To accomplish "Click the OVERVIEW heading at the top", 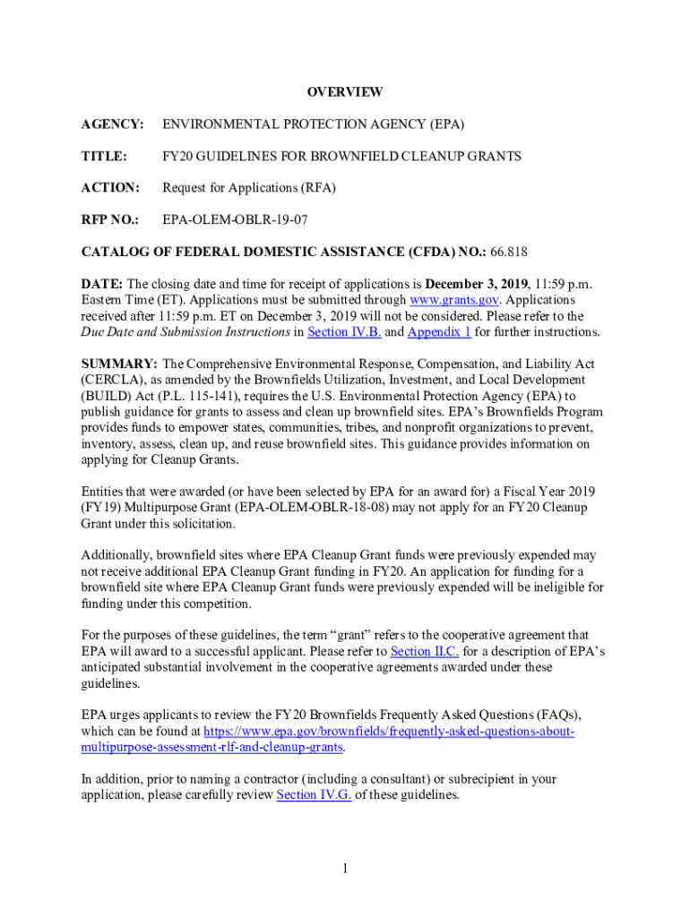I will [x=345, y=92].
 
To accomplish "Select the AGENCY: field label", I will [x=112, y=124].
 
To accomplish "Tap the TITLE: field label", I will [x=104, y=156].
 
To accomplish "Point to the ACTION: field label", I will [x=110, y=188].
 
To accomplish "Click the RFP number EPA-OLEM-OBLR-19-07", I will [x=234, y=219].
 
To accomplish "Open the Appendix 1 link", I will [x=439, y=332].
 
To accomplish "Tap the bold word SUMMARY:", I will [x=119, y=364].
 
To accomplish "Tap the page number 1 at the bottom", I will [x=345, y=869].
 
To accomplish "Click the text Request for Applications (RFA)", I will [x=249, y=188].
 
